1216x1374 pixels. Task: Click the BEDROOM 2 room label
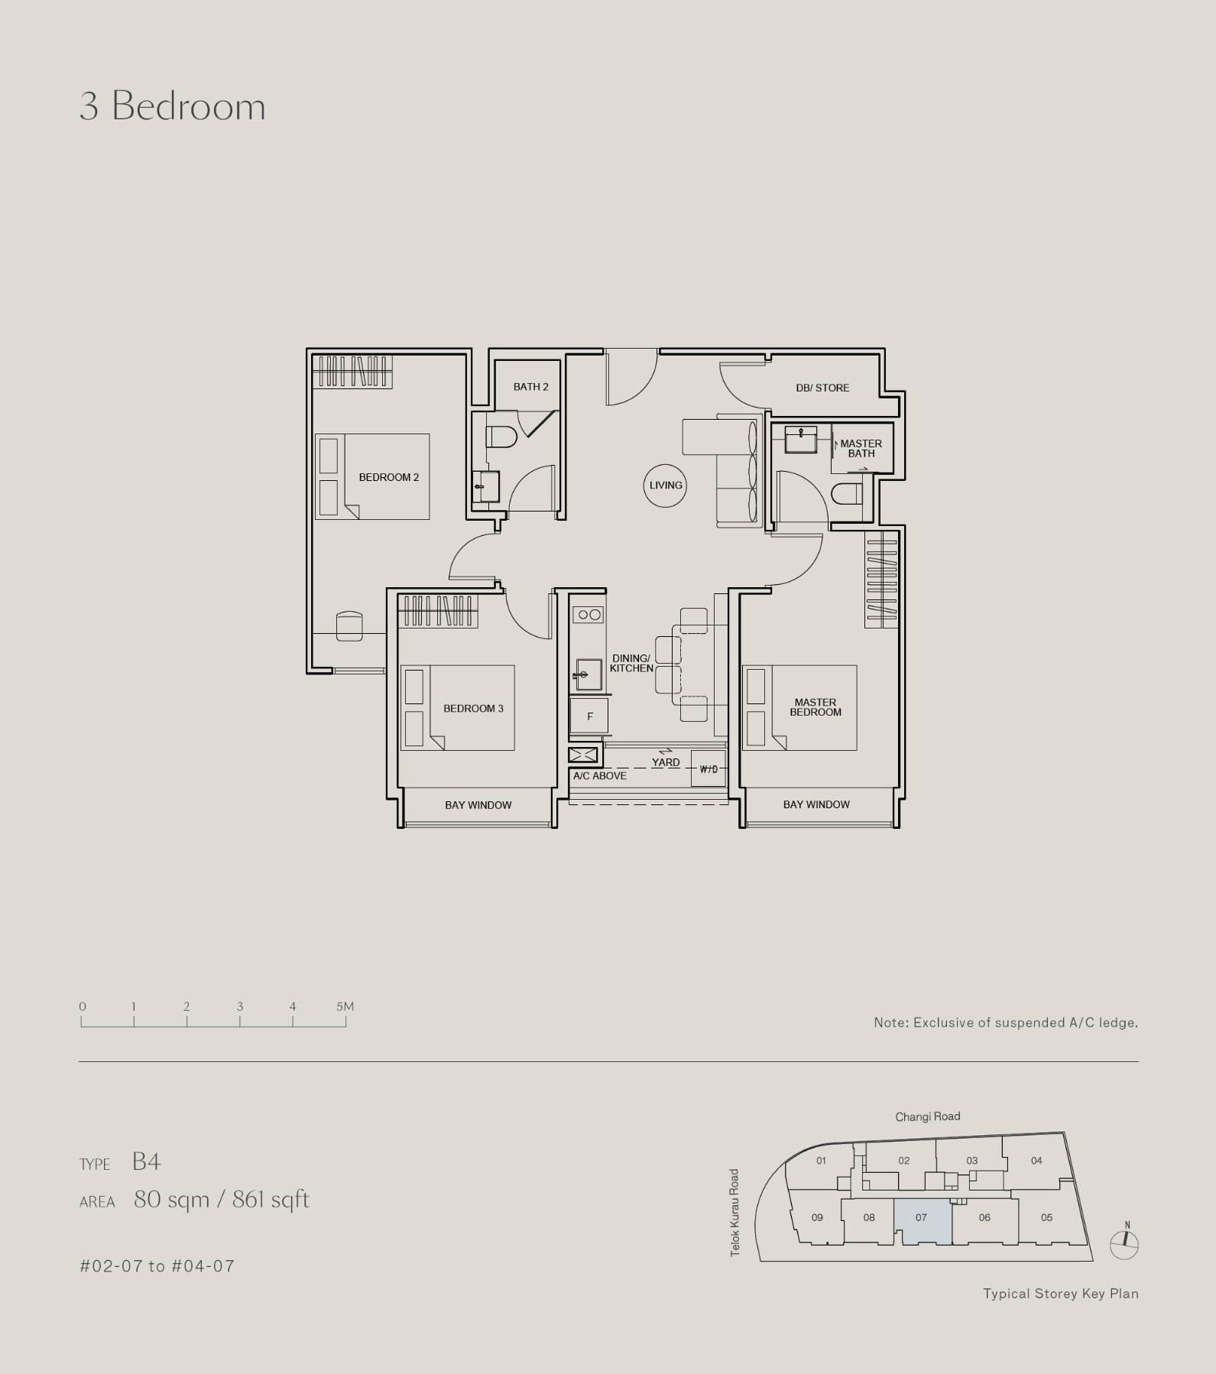[389, 477]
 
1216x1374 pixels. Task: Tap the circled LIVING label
[666, 485]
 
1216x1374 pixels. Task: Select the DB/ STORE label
[822, 388]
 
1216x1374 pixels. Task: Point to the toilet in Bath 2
[502, 437]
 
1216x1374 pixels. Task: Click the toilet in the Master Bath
[846, 494]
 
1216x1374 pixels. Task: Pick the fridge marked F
[589, 716]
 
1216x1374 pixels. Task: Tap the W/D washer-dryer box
[709, 768]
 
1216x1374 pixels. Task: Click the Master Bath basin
[800, 439]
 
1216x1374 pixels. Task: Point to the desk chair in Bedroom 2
[349, 626]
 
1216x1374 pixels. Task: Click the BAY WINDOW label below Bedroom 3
[478, 805]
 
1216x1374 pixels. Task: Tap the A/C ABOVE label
[600, 775]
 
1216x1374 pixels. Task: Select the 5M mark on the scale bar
[345, 1006]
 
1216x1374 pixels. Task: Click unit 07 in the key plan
[923, 1220]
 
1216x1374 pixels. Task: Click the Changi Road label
[928, 1116]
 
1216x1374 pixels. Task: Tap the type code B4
[146, 1161]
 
